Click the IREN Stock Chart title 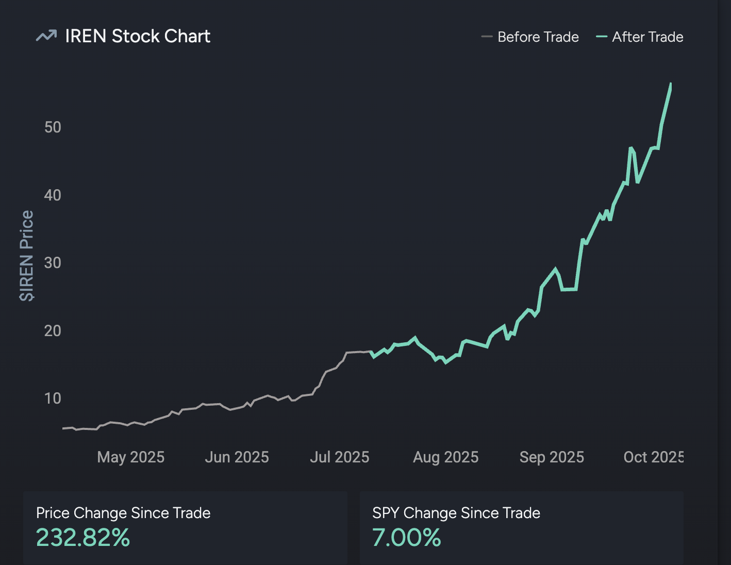[138, 36]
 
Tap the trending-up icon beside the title [46, 36]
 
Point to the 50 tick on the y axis [53, 127]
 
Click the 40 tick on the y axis [53, 195]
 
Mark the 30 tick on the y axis [53, 263]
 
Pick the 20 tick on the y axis [53, 330]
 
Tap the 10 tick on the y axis [53, 398]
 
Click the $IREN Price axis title [26, 256]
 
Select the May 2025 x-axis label [130, 457]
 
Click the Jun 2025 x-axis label [237, 457]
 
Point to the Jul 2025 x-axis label [339, 457]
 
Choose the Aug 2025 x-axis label [445, 457]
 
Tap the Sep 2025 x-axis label [552, 457]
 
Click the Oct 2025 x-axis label [653, 457]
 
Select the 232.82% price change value [83, 538]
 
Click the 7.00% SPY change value [407, 538]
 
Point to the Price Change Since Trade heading [123, 513]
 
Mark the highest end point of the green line [671, 84]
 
